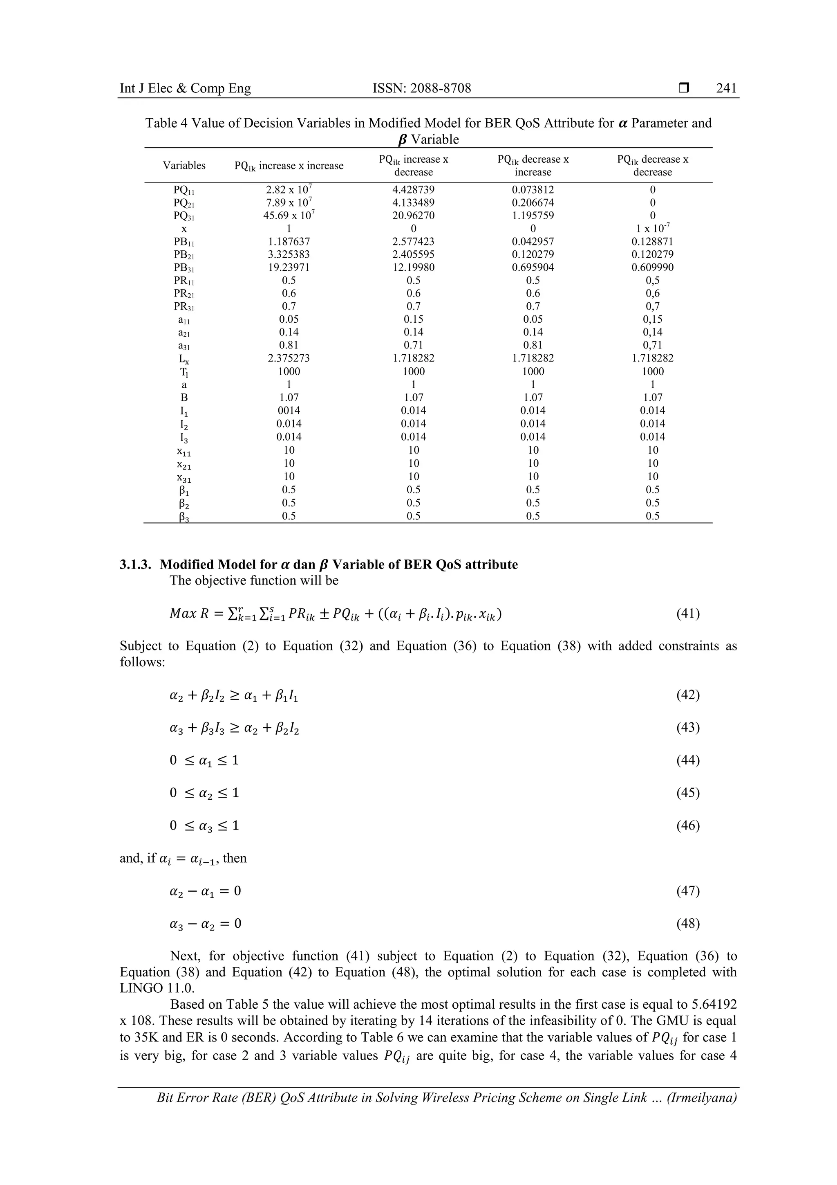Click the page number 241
[726, 88]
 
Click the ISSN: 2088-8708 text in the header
[421, 88]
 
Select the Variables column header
[184, 166]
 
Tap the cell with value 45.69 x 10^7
[289, 215]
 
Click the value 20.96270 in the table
[413, 216]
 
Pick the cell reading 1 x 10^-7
[652, 228]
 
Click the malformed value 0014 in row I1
[289, 410]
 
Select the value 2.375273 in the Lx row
[289, 358]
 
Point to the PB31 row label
[184, 268]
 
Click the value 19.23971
[289, 268]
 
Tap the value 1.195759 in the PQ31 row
[533, 216]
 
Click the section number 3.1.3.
[136, 564]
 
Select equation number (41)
[687, 614]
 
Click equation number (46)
[687, 826]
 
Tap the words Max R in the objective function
[184, 614]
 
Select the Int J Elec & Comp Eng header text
[185, 88]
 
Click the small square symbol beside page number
[683, 88]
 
